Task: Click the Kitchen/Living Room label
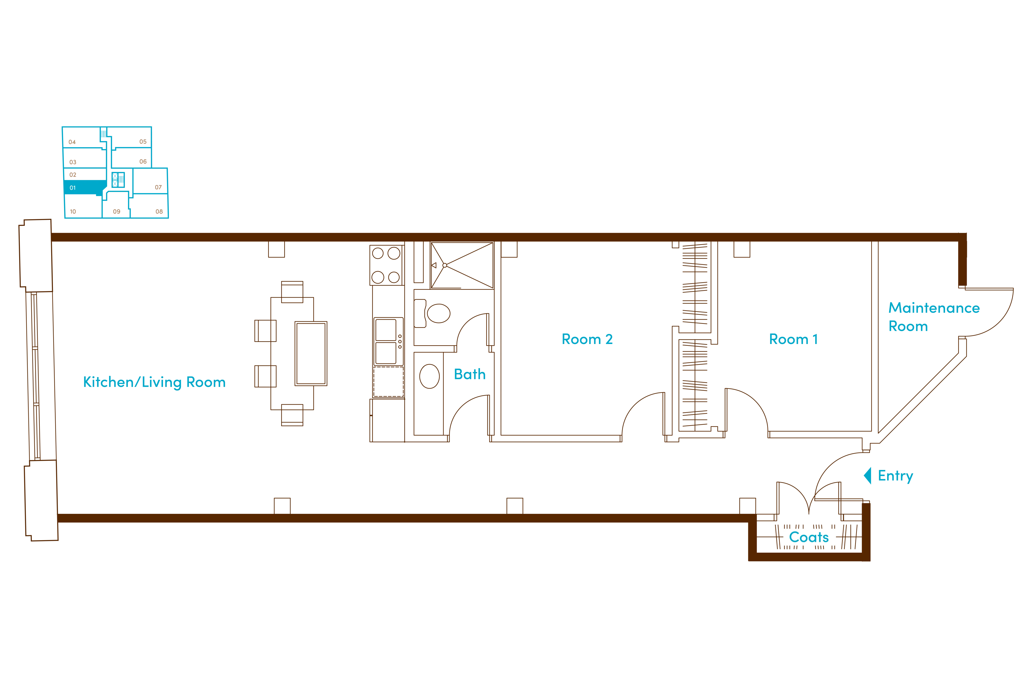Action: [154, 382]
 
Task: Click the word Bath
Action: [470, 374]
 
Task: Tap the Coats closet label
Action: [809, 537]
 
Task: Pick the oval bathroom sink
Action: [429, 376]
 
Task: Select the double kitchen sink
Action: [386, 342]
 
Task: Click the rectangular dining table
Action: [292, 354]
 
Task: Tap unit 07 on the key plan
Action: [150, 181]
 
